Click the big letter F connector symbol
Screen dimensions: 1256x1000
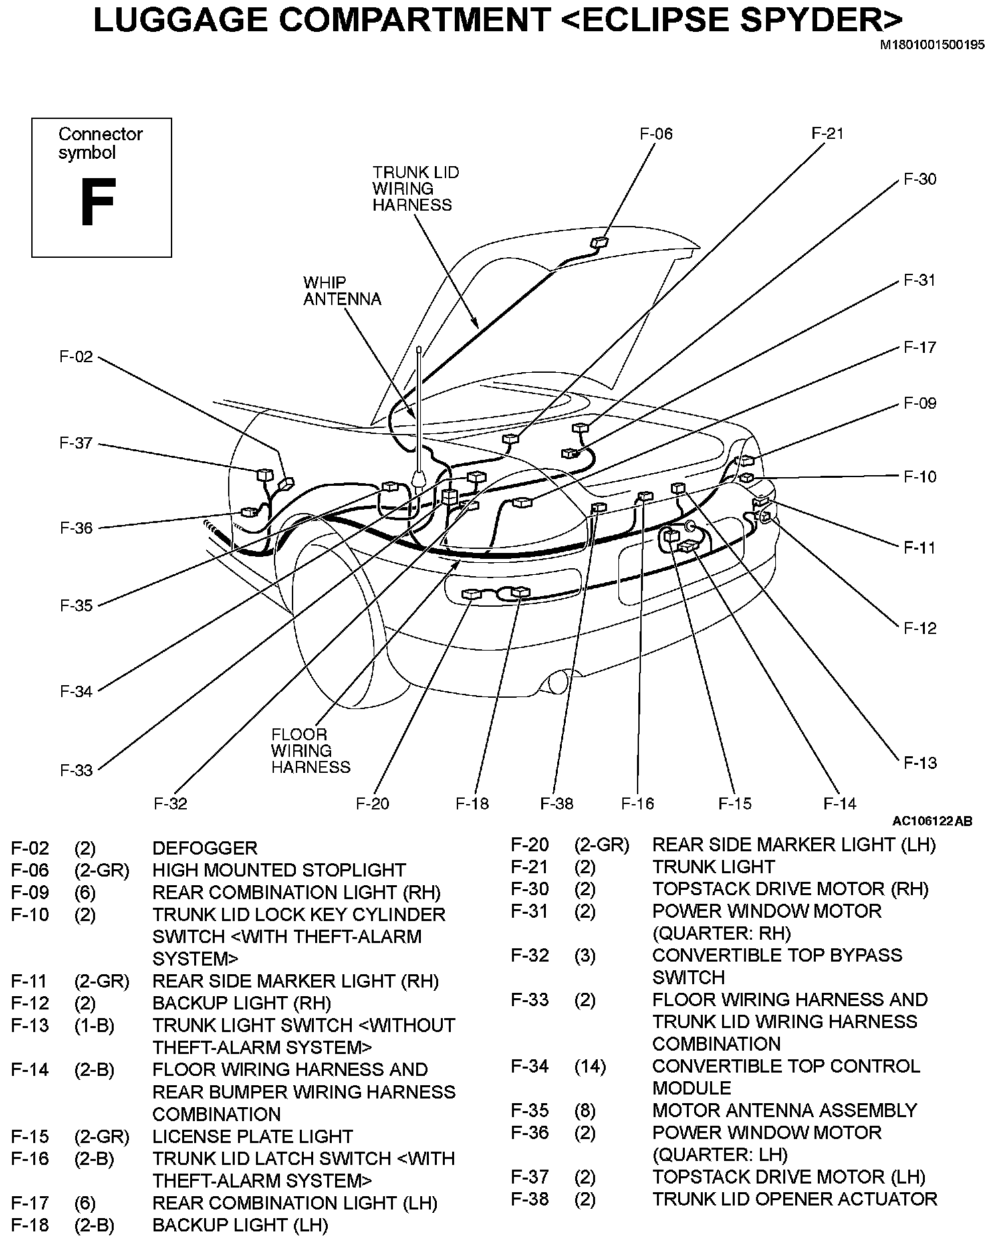pyautogui.click(x=98, y=202)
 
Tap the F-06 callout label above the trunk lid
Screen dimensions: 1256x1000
pyautogui.click(x=656, y=134)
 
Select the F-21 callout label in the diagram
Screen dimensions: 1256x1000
pyautogui.click(x=827, y=133)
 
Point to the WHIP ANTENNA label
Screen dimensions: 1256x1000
pyautogui.click(x=342, y=291)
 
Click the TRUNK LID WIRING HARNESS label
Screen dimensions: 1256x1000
pyautogui.click(x=415, y=189)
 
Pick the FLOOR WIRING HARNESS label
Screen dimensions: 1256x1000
pyautogui.click(x=310, y=751)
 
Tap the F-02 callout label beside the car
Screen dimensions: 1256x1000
pyautogui.click(x=76, y=357)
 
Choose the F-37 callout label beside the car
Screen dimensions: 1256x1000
pyautogui.click(x=76, y=443)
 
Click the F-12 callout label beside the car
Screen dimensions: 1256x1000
pyautogui.click(x=920, y=628)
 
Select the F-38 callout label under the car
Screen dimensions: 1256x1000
pyautogui.click(x=557, y=803)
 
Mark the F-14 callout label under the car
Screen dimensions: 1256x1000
pyautogui.click(x=840, y=803)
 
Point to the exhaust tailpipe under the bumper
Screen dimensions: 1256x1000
pyautogui.click(x=557, y=682)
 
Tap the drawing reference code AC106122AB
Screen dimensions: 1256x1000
pyautogui.click(x=932, y=821)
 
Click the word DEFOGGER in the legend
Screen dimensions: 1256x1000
pyautogui.click(x=204, y=849)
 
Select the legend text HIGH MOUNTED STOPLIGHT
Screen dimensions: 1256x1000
pyautogui.click(x=279, y=871)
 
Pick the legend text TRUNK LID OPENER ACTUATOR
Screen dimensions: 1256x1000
pyautogui.click(x=795, y=1200)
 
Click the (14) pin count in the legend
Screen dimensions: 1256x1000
pyautogui.click(x=590, y=1067)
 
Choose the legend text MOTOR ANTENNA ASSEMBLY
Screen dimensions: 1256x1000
pyautogui.click(x=785, y=1110)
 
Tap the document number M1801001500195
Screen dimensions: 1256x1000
pyautogui.click(x=932, y=45)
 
